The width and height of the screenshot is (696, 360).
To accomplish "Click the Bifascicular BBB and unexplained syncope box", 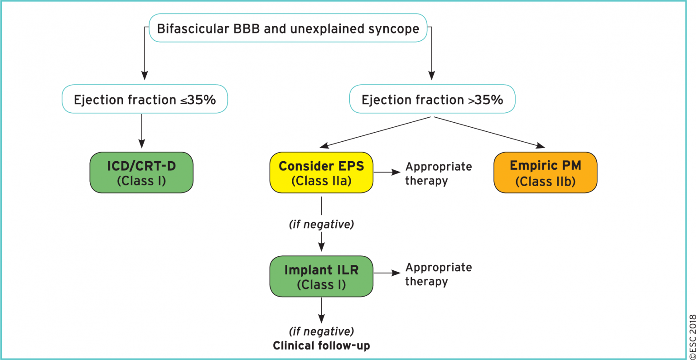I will coord(288,29).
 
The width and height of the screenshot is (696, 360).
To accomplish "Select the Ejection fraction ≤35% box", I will coord(145,99).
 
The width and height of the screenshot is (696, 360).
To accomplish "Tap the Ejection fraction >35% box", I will coord(432,99).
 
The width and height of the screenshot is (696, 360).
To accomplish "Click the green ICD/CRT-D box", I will coord(141,173).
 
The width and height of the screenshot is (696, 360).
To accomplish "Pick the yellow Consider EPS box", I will coord(321,173).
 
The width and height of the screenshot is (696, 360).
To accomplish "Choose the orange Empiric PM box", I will coord(545,173).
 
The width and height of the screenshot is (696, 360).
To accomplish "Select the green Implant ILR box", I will coord(321,277).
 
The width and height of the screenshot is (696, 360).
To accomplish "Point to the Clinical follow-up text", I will coord(321,346).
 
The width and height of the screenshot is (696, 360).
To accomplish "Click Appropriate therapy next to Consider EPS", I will coord(438,173).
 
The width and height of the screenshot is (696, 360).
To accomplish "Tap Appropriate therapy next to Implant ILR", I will coord(438,274).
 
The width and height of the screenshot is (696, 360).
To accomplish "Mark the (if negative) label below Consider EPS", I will coord(321,224).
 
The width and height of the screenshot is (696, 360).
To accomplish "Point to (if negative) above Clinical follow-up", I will coord(321,331).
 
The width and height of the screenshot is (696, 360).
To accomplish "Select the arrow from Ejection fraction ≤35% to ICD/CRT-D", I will coord(142,131).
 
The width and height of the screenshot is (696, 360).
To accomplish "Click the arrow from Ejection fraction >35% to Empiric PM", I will coord(489,132).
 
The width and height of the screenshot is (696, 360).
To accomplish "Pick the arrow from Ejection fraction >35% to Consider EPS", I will coord(376,132).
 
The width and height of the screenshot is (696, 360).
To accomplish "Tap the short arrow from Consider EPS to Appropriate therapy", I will coord(387,173).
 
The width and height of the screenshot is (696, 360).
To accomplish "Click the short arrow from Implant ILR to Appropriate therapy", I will coord(387,273).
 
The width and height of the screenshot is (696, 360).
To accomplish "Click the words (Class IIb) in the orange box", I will coord(545,182).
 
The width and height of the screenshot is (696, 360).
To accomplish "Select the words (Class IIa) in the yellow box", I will coord(321,181).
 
